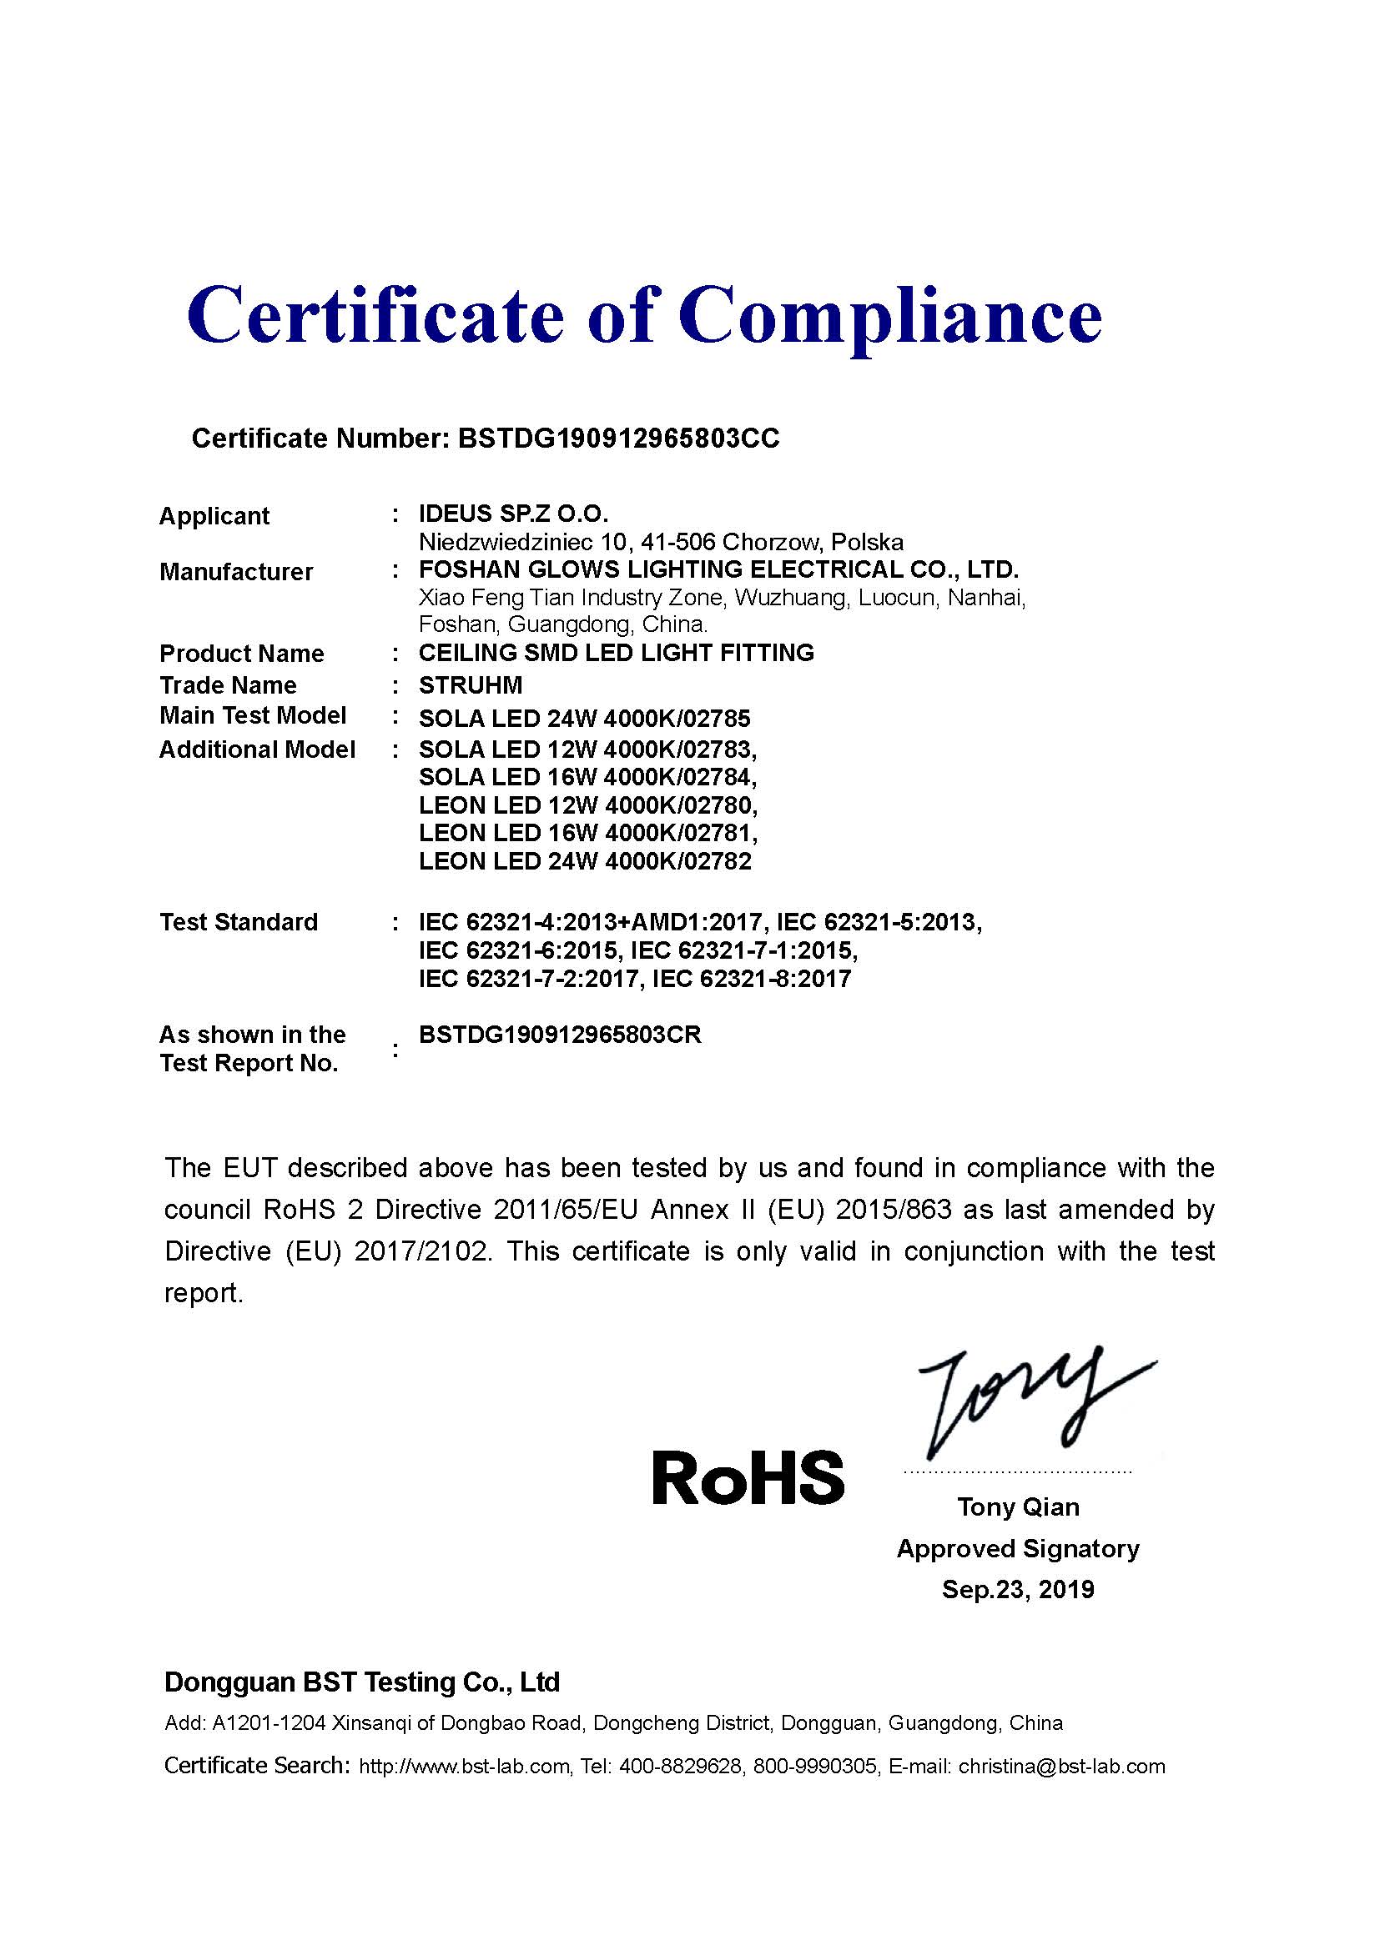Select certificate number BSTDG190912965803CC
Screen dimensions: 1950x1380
click(x=617, y=439)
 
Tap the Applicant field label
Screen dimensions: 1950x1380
click(x=214, y=515)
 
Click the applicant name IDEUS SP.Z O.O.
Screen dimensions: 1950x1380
click(x=513, y=514)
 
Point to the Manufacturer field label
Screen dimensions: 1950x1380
click(x=235, y=572)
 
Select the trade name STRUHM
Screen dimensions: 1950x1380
click(x=470, y=684)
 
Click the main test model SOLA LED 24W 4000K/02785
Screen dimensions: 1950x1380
click(x=585, y=719)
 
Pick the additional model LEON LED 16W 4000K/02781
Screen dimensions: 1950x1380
click(x=587, y=832)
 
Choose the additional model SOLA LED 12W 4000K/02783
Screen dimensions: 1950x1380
click(x=587, y=749)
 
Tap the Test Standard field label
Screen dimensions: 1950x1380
click(x=238, y=921)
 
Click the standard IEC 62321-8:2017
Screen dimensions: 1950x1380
click(x=751, y=980)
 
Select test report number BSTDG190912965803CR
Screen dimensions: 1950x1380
click(x=560, y=1035)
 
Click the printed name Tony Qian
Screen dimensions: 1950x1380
click(x=1018, y=1506)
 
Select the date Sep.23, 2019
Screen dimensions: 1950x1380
click(x=1018, y=1589)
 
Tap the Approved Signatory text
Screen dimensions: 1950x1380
click(x=1018, y=1548)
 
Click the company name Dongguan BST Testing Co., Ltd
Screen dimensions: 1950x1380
click(x=362, y=1682)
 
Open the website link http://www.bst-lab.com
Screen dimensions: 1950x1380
click(x=464, y=1767)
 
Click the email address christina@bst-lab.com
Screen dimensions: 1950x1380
click(x=1061, y=1767)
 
